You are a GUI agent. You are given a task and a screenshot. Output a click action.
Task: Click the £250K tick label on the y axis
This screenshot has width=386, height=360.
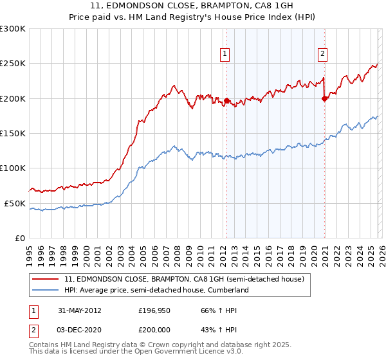pyautogui.click(x=13, y=64)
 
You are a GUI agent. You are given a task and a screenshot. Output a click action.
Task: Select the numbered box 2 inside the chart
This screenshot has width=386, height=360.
pyautogui.click(x=322, y=55)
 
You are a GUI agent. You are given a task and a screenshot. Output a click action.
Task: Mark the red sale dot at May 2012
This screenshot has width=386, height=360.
pyautogui.click(x=226, y=100)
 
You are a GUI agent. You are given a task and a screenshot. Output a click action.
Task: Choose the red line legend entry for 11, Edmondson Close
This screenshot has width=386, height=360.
pyautogui.click(x=188, y=279)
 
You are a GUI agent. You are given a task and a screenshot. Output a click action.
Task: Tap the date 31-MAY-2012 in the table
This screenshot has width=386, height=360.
pyautogui.click(x=79, y=310)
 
